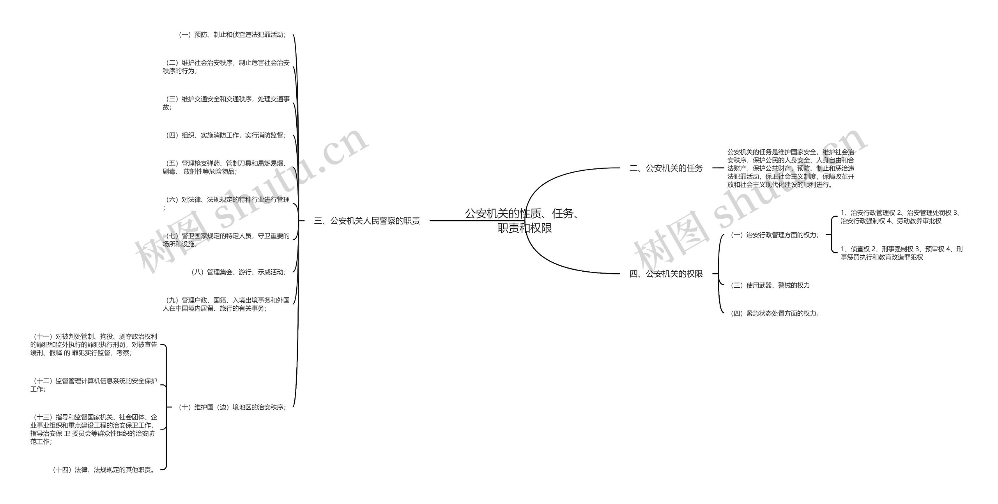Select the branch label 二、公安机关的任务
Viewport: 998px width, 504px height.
tap(666, 168)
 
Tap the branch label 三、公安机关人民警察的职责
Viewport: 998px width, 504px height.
tap(367, 221)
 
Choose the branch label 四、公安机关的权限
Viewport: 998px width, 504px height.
tap(666, 274)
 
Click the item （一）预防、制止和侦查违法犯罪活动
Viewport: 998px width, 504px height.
tap(232, 35)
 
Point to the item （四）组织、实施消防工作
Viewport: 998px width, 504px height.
tap(226, 135)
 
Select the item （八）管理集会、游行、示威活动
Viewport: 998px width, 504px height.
tap(238, 272)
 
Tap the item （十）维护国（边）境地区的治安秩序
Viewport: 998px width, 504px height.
tap(232, 407)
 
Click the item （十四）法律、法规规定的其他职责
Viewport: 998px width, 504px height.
tap(103, 470)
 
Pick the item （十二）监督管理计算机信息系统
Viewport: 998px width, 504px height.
tap(94, 385)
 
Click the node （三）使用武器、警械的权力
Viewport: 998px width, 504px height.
tap(770, 285)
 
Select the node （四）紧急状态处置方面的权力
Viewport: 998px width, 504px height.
tap(775, 313)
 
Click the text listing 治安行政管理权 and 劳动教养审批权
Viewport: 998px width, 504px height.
tap(901, 217)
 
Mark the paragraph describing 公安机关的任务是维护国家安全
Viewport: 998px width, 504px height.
tap(791, 168)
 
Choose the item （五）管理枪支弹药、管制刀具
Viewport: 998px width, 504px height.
tap(226, 167)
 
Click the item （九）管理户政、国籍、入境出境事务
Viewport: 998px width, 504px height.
tap(226, 304)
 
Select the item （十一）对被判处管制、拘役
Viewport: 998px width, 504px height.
tap(94, 345)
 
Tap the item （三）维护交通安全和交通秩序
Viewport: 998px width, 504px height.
tap(226, 103)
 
